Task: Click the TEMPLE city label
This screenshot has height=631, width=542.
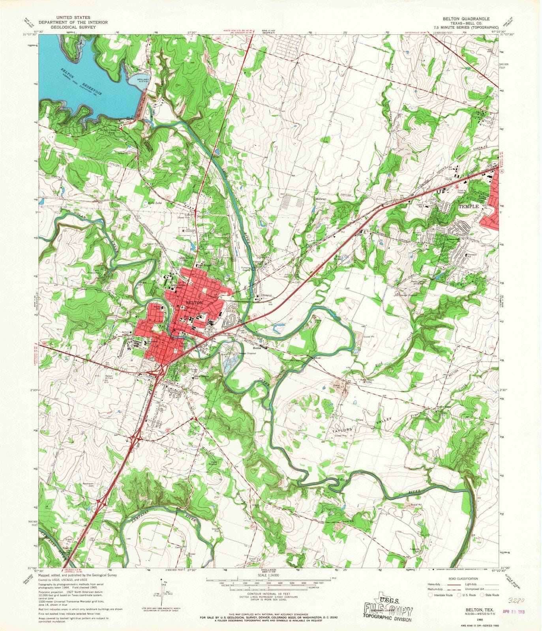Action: [469, 206]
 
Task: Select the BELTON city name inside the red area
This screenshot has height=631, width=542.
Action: [194, 302]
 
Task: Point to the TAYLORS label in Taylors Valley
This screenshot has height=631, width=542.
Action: [342, 429]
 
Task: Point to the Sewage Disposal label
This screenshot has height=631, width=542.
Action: [248, 353]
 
